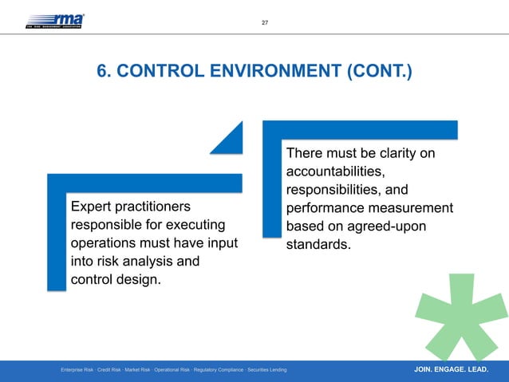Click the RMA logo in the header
pyautogui.click(x=55, y=20)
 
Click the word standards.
pyautogui.click(x=318, y=244)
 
